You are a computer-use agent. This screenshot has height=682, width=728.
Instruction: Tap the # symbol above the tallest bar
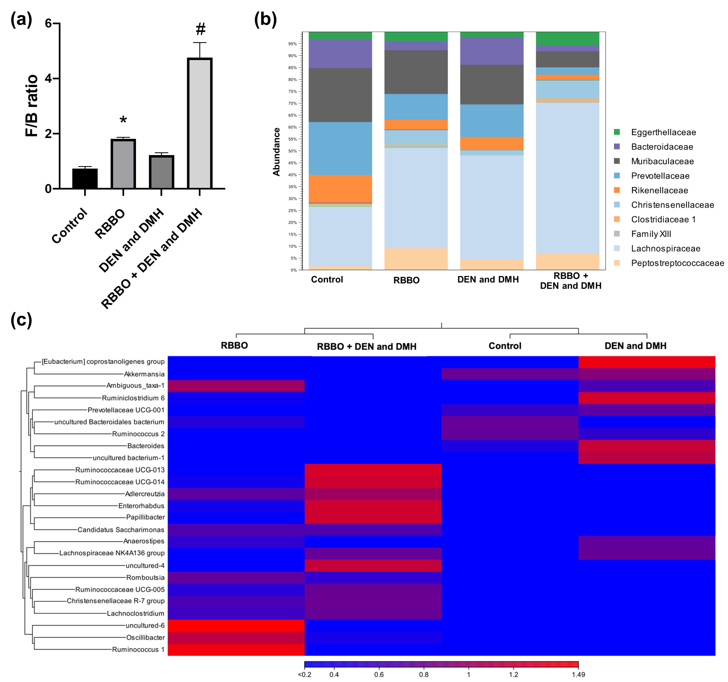coord(200,29)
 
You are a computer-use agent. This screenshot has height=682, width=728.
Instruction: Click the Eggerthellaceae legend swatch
coord(617,132)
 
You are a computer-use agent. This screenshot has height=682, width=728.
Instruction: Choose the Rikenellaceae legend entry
coord(659,190)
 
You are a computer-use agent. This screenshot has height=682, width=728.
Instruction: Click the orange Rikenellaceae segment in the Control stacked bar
coord(340,188)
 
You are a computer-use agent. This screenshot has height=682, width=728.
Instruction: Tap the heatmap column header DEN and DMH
coord(635,346)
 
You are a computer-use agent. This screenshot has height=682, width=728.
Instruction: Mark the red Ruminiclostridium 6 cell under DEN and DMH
coord(647,398)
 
